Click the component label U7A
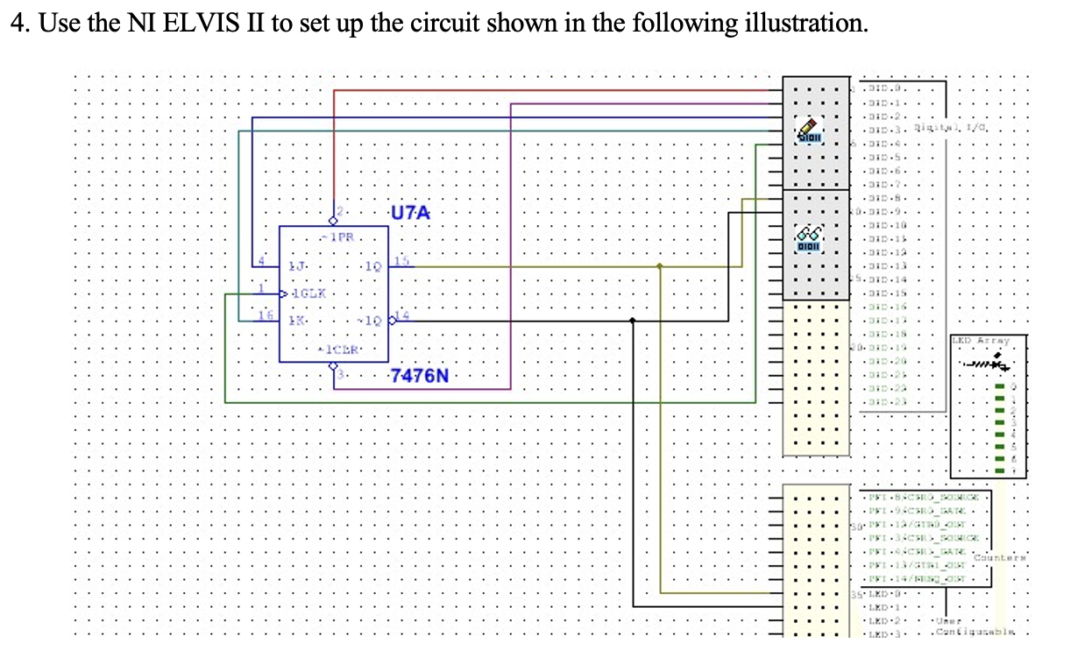tap(410, 212)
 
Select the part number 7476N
tap(419, 377)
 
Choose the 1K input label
tap(298, 322)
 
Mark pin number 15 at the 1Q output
tap(401, 260)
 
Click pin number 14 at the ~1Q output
tap(401, 315)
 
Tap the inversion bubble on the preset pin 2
tap(333, 221)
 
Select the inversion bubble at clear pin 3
tap(333, 368)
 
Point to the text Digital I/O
tap(940, 128)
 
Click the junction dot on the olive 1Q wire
tap(660, 265)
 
